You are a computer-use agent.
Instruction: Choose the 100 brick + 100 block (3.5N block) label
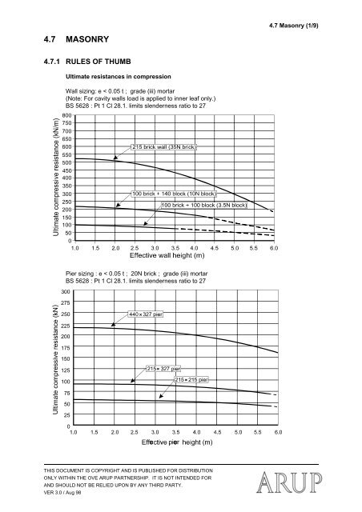tap(203, 206)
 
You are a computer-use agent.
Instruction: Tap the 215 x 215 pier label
tap(191, 378)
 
